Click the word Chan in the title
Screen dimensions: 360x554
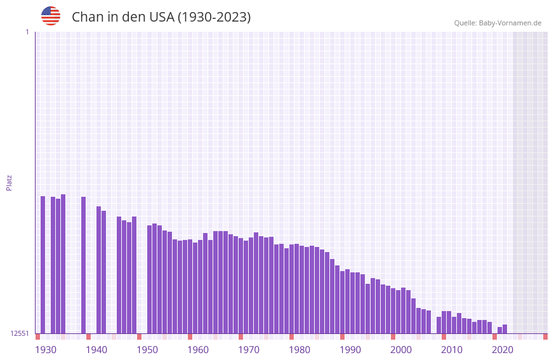86,17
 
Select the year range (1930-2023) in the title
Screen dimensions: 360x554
214,17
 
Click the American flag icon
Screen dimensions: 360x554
51,16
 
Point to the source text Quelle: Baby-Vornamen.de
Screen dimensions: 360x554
498,23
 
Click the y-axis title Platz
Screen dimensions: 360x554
9,182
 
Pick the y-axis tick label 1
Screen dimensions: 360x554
27,32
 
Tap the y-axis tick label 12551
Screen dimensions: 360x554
20,333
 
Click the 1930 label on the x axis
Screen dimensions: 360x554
46,350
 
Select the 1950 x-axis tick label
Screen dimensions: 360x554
147,350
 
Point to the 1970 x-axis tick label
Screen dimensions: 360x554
249,350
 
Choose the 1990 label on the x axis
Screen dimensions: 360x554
350,350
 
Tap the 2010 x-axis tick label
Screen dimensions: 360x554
452,350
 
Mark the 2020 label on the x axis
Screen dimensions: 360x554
503,350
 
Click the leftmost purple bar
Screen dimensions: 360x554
43,265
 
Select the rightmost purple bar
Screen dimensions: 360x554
505,329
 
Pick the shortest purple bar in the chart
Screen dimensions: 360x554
500,330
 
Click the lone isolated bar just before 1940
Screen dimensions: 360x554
84,265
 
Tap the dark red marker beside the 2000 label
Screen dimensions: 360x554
393,337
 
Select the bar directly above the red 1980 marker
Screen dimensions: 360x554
292,289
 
